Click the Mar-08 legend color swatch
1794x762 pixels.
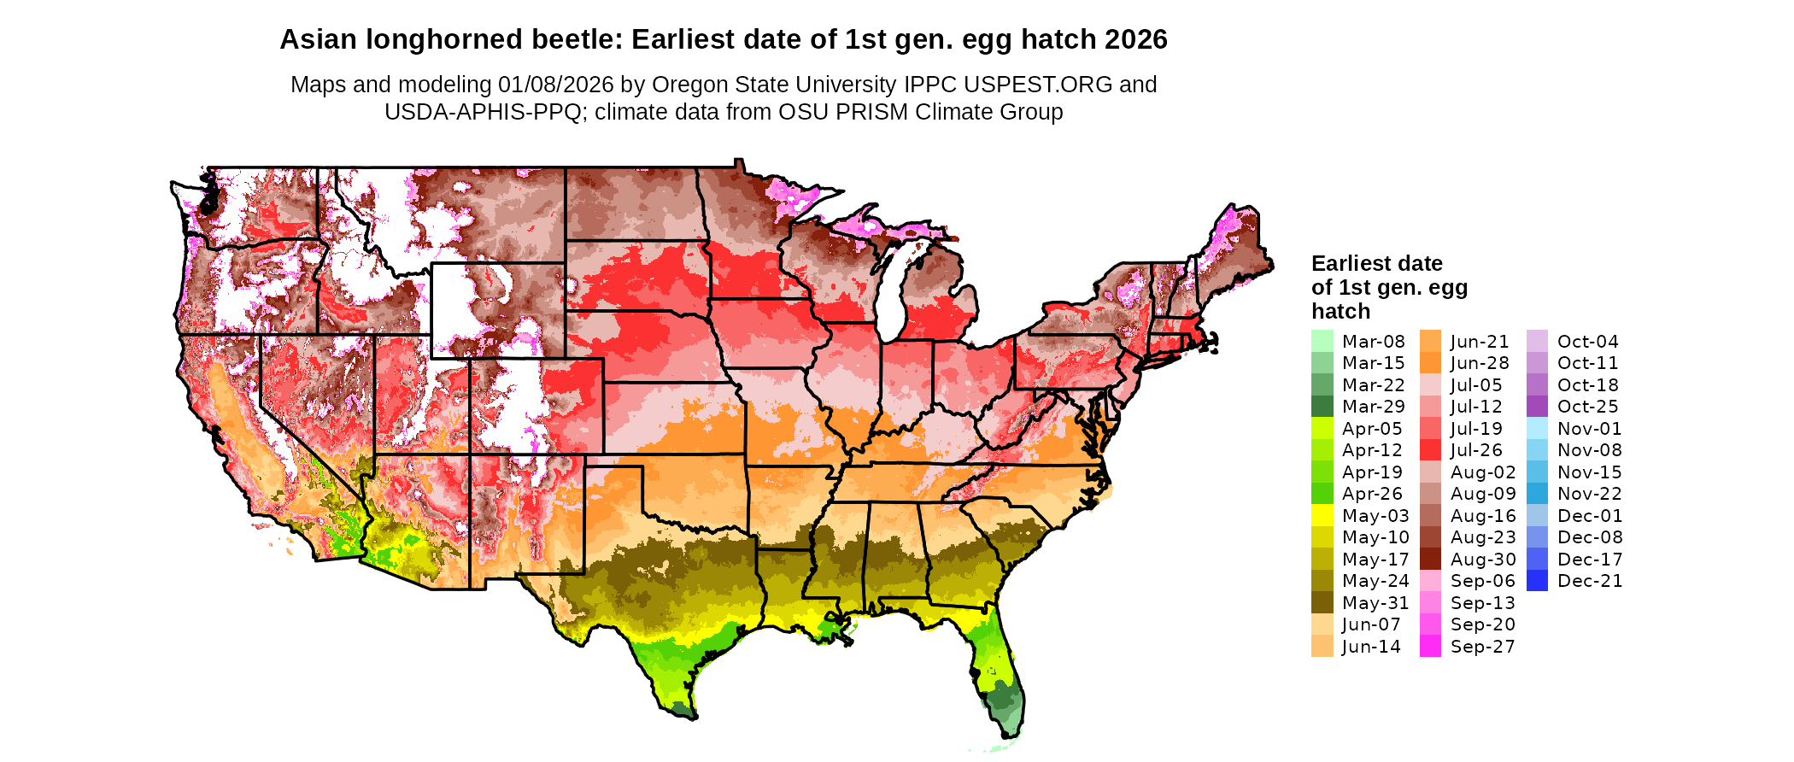pos(1322,341)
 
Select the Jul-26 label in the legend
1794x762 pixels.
pos(1476,450)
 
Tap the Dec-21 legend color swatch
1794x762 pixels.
pos(1537,581)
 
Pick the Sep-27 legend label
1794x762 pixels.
pos(1482,647)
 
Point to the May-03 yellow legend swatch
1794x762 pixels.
pos(1322,515)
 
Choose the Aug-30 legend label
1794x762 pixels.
pos(1483,560)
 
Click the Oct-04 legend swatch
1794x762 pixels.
pos(1537,341)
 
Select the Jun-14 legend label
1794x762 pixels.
pos(1371,647)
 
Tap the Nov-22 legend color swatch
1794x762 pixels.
pos(1537,494)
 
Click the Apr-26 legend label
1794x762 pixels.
pos(1372,494)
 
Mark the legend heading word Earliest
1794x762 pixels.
pos(1352,263)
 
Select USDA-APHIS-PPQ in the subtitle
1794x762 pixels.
pos(483,112)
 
